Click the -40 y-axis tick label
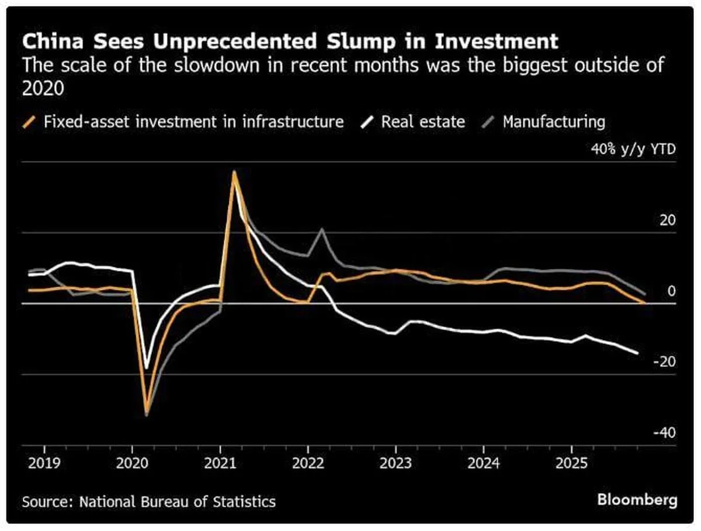tap(664, 433)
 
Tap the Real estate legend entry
tap(423, 122)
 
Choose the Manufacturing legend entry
tap(553, 122)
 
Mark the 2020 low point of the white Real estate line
tap(147, 368)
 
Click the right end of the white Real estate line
tap(637, 353)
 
